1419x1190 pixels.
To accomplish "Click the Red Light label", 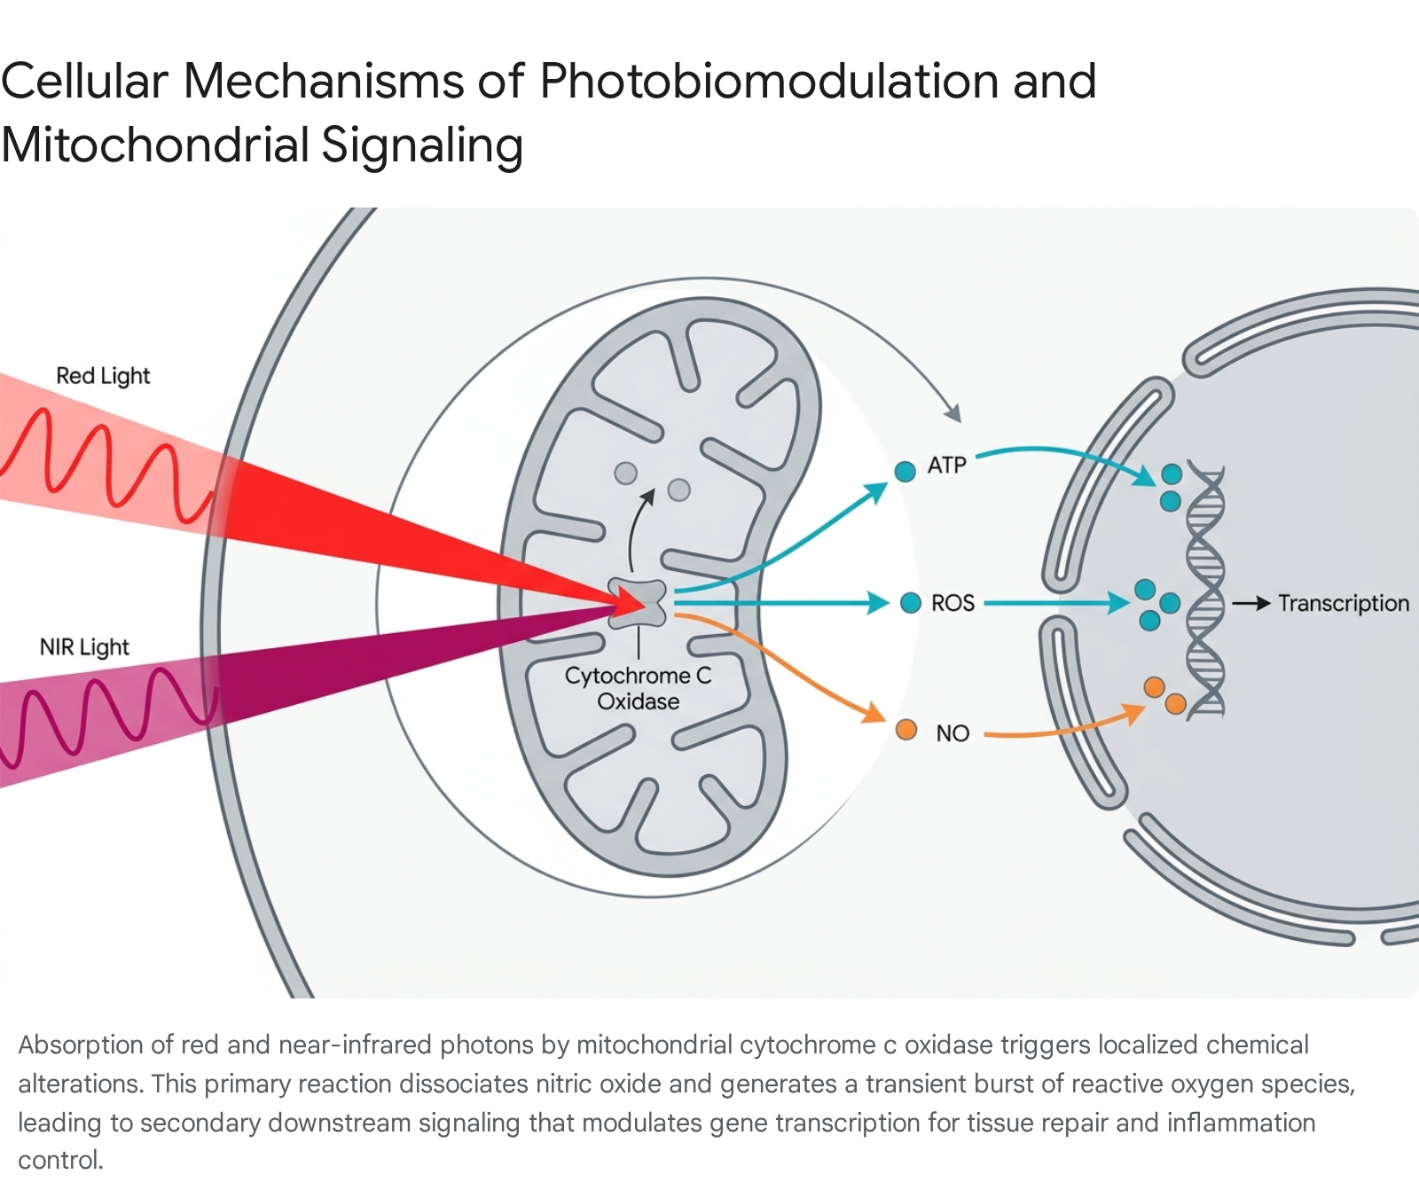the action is click(103, 376).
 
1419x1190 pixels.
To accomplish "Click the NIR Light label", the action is click(84, 647).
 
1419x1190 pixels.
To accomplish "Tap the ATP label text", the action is click(946, 466).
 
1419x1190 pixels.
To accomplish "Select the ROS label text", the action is click(953, 604).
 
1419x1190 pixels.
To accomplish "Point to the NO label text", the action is click(953, 733).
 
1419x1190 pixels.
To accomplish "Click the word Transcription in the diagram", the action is click(1344, 604).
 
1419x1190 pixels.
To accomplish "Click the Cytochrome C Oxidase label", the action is click(639, 688).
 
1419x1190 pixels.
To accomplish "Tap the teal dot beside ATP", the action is click(905, 472).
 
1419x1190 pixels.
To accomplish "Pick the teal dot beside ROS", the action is click(911, 603).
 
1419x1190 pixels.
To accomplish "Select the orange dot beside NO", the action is click(906, 730).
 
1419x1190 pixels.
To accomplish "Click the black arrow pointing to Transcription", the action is click(1251, 604).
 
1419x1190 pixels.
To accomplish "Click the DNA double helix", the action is click(1206, 589).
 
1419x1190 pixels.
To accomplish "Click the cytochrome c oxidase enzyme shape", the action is click(638, 603).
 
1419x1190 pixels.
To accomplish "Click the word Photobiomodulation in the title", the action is click(769, 82).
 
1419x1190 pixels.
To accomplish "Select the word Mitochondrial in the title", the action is click(154, 145).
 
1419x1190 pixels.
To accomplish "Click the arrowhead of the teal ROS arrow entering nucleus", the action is click(1119, 604).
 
